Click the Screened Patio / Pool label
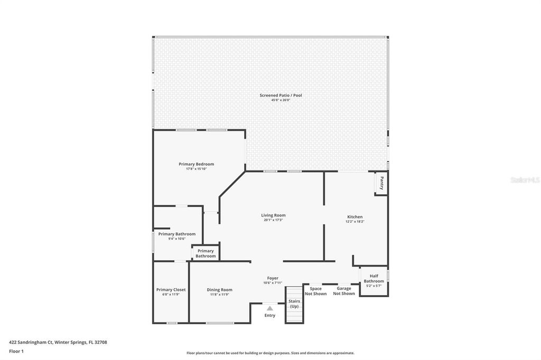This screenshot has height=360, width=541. pyautogui.click(x=281, y=95)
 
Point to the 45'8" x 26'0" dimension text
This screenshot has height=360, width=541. pyautogui.click(x=281, y=100)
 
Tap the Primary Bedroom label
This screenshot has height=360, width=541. pyautogui.click(x=196, y=164)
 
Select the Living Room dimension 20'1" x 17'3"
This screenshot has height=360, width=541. pyautogui.click(x=273, y=220)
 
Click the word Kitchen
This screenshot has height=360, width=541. pyautogui.click(x=355, y=217)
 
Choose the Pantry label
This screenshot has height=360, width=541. pyautogui.click(x=381, y=183)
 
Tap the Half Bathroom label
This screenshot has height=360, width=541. pyautogui.click(x=374, y=279)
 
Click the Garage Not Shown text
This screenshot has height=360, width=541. pyautogui.click(x=344, y=291)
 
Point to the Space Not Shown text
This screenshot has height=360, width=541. pyautogui.click(x=315, y=291)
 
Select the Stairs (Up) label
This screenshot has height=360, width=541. pyautogui.click(x=294, y=304)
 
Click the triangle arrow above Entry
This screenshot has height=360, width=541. pyautogui.click(x=269, y=308)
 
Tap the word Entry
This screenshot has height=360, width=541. pyautogui.click(x=269, y=315)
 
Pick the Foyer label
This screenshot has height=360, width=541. pyautogui.click(x=273, y=278)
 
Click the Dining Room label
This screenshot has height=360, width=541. pyautogui.click(x=219, y=289)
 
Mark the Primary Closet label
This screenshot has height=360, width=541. pyautogui.click(x=171, y=289)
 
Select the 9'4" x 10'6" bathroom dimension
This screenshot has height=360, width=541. pyautogui.click(x=176, y=239)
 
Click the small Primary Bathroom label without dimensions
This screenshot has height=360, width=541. pyautogui.click(x=206, y=253)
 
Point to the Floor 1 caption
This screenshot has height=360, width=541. pyautogui.click(x=16, y=351)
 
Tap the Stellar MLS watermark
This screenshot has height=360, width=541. pyautogui.click(x=524, y=180)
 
